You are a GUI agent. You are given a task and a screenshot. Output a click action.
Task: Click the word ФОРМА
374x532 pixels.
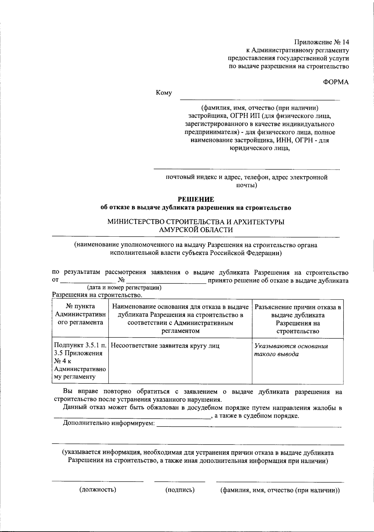(x=336, y=82)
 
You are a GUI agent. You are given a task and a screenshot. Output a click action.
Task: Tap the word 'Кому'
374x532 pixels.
(x=164, y=93)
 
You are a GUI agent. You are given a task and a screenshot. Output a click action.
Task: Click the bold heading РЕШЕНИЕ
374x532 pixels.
(x=196, y=199)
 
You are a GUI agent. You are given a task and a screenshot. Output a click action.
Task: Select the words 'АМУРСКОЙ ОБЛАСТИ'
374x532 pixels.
(x=196, y=230)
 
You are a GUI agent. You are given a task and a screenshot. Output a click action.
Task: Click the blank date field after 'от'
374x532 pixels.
(x=86, y=282)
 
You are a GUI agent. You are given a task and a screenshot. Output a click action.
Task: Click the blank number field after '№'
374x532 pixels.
(x=166, y=282)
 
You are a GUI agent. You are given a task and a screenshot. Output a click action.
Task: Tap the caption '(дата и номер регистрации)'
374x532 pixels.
(x=124, y=288)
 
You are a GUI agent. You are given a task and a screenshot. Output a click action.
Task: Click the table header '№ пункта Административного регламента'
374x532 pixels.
(x=80, y=315)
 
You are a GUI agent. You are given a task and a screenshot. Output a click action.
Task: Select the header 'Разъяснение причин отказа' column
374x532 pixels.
(x=298, y=319)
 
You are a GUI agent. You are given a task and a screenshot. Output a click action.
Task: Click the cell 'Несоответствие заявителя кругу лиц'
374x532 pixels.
(x=165, y=346)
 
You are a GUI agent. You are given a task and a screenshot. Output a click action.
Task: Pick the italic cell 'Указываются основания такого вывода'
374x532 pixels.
(x=291, y=350)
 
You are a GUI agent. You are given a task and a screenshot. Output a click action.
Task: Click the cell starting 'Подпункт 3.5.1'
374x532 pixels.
(x=80, y=361)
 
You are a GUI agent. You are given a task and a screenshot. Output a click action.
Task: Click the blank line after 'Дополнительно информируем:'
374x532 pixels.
(x=248, y=426)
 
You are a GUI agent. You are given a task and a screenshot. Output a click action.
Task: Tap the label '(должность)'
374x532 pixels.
(x=98, y=490)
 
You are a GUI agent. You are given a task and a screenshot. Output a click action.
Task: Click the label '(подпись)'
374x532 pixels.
(x=180, y=490)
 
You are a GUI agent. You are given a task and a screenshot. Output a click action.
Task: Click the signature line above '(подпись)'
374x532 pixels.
(x=180, y=481)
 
